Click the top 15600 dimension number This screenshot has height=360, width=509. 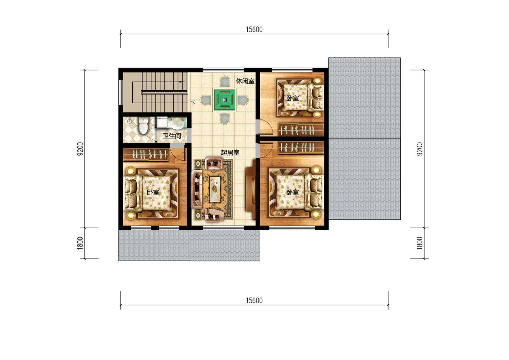[x=254, y=30]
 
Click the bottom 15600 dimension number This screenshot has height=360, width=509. [x=254, y=301]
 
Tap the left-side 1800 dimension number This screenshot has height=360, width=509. [x=80, y=243]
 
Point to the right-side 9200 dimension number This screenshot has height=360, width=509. [x=420, y=149]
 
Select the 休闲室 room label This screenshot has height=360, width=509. [x=245, y=81]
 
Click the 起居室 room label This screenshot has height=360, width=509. [x=230, y=152]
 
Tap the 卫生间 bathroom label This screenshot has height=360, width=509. [x=172, y=136]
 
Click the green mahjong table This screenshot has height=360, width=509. [x=225, y=100]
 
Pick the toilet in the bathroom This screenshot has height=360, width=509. [x=144, y=125]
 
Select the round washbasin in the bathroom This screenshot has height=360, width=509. [x=178, y=125]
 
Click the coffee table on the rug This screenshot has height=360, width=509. [x=215, y=189]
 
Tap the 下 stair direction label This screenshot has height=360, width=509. [x=193, y=104]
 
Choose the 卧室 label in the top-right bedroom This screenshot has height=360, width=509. [x=293, y=98]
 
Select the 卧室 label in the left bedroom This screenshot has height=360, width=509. [x=153, y=192]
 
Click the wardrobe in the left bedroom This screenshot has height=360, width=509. [x=146, y=155]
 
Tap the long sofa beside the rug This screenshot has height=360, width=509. [x=197, y=190]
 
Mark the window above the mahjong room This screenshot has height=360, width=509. [x=223, y=70]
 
